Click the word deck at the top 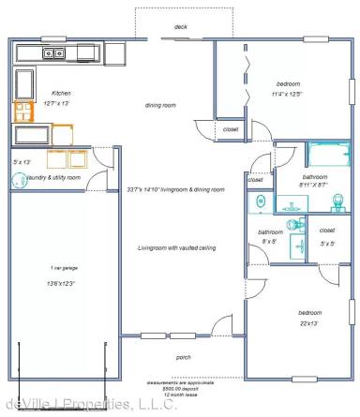click(x=181, y=27)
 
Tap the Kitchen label click(x=61, y=94)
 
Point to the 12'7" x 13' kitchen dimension click(x=61, y=103)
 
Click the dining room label click(x=160, y=105)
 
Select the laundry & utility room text click(x=53, y=177)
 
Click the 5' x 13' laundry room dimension click(x=22, y=162)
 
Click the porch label click(x=184, y=357)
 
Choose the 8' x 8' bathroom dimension click(x=270, y=241)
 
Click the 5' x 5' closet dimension click(x=326, y=244)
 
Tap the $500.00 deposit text click(x=182, y=388)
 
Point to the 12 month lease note click(x=182, y=395)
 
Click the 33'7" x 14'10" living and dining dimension click(x=176, y=189)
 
